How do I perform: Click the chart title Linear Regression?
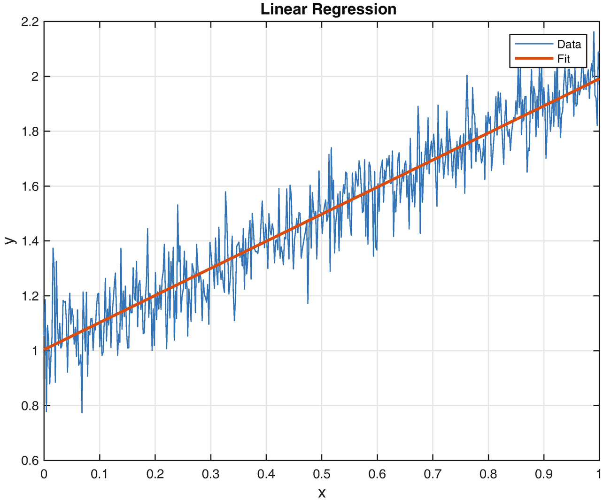pyautogui.click(x=328, y=9)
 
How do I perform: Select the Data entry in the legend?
pyautogui.click(x=569, y=45)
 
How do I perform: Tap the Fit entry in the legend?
pyautogui.click(x=563, y=59)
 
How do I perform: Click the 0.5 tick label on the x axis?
pyautogui.click(x=322, y=474)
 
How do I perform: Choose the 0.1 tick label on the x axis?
pyautogui.click(x=100, y=474)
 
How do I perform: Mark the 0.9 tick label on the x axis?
pyautogui.click(x=544, y=474)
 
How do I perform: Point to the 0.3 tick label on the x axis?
pyautogui.click(x=210, y=474)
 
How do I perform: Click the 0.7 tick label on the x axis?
pyautogui.click(x=433, y=474)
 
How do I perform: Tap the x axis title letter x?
pyautogui.click(x=322, y=493)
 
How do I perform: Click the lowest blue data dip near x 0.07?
pyautogui.click(x=82, y=412)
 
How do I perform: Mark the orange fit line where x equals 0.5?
pyautogui.click(x=322, y=214)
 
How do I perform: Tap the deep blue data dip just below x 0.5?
pyautogui.click(x=308, y=303)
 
